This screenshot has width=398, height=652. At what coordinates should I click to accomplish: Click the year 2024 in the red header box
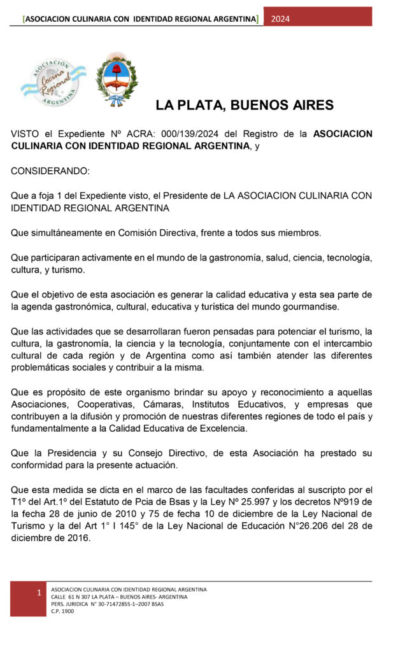pos(280,18)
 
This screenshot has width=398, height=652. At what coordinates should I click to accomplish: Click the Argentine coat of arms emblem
pos(115,79)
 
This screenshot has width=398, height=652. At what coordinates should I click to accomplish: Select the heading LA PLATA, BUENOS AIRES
pos(245,105)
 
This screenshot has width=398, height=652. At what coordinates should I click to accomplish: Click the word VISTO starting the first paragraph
pos(25,134)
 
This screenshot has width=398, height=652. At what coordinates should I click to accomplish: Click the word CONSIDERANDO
pos(50,171)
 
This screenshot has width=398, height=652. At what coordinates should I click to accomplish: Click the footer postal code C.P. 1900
pos(62,611)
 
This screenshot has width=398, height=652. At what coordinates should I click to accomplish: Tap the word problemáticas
pos(43,367)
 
